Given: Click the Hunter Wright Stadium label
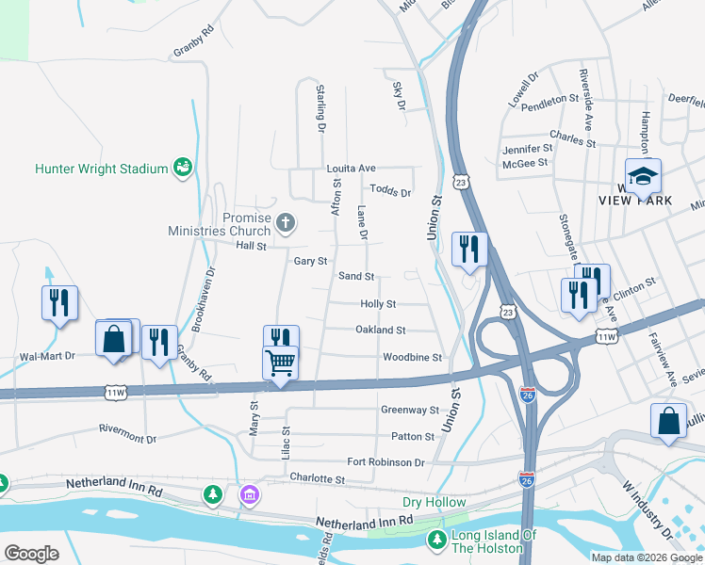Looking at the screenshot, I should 101,169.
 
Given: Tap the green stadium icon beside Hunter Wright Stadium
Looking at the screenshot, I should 183,169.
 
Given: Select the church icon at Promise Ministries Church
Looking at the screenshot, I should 285,223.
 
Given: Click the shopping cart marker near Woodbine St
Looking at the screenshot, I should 281,362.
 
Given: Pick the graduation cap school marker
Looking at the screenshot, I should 643,177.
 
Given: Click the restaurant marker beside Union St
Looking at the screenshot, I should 469,250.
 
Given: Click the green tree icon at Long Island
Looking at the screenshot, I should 436,540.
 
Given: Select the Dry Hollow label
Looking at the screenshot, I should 434,502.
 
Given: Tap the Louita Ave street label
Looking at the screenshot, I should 351,169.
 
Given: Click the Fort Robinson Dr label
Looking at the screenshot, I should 385,462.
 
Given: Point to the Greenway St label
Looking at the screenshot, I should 410,411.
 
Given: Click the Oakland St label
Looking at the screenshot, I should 380,331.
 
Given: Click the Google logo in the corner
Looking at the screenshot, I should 31,554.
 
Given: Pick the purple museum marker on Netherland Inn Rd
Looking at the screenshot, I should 250,493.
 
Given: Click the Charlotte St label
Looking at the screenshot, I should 318,478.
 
